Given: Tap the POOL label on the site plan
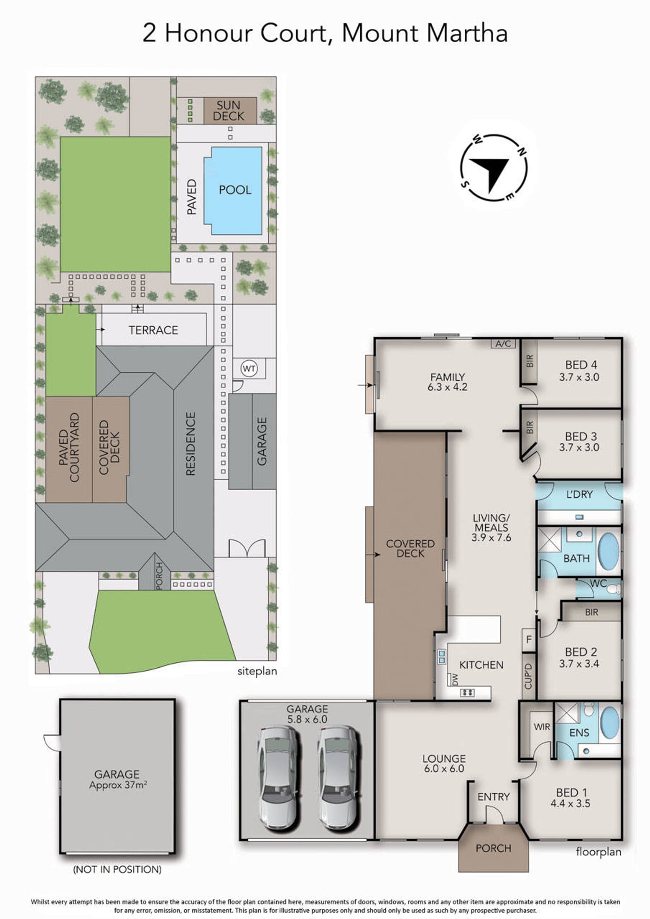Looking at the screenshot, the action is coord(235,190).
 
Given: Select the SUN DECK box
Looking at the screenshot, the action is coord(230,110).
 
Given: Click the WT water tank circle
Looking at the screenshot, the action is coord(249,369).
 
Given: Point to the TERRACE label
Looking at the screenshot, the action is coord(153,330).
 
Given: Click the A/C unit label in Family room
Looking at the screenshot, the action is coord(503,344).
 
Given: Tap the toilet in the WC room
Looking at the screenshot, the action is coord(614,589).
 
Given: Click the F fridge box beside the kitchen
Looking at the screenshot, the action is coord(529,640).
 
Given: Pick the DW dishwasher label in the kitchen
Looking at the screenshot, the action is coord(455,680).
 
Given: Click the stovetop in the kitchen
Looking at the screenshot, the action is coord(467,692).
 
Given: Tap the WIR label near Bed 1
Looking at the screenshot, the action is coord(542,727).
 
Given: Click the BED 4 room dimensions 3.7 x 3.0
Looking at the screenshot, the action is coord(579,377).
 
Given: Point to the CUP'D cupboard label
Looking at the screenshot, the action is coord(528,676).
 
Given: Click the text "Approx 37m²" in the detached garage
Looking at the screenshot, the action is coord(118,785).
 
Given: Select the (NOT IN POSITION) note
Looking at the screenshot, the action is coord(117,869).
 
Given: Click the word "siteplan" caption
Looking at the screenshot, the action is coord(257,671).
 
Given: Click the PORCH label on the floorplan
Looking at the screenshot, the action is coord(493,848).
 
